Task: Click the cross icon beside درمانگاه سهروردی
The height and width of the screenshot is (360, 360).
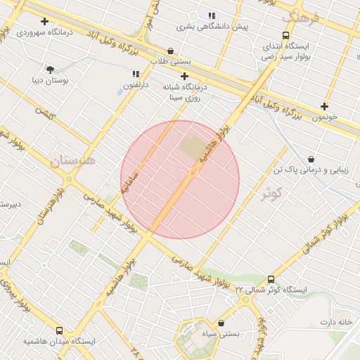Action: click(x=45, y=22)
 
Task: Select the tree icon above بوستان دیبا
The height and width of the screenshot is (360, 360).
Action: click(x=50, y=69)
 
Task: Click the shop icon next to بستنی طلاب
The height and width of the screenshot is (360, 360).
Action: click(x=171, y=51)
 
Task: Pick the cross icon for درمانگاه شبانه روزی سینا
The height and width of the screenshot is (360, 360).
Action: click(x=185, y=76)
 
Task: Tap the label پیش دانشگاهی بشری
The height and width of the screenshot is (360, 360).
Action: click(x=212, y=27)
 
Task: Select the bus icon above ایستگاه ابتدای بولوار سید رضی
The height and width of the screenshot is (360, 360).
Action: click(x=285, y=35)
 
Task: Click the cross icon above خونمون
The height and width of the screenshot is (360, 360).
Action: click(x=324, y=105)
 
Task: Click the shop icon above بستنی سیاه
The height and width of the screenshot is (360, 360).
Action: click(x=222, y=323)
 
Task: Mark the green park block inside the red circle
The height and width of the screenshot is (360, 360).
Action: click(x=190, y=148)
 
